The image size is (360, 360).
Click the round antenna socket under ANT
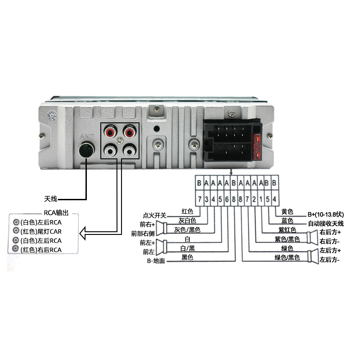[86, 150]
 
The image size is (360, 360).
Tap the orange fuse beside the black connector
[257, 147]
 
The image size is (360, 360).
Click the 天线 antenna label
[50, 199]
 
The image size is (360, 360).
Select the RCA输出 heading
[56, 213]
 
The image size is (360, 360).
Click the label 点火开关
[154, 216]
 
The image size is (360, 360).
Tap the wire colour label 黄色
[287, 211]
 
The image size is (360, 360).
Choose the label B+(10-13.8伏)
[326, 215]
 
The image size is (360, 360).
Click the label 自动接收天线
[326, 223]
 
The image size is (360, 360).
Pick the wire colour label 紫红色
[287, 230]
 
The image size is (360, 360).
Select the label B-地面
[156, 261]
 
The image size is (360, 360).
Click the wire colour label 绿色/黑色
[287, 257]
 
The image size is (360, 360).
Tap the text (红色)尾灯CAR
[41, 231]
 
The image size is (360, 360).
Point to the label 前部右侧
[143, 234]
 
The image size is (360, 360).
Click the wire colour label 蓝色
[287, 220]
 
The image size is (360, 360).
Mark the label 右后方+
[330, 232]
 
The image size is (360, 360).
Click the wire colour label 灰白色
[187, 220]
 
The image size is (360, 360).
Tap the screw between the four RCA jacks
[120, 141]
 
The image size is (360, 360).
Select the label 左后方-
[329, 260]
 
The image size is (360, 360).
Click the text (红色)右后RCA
[41, 250]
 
